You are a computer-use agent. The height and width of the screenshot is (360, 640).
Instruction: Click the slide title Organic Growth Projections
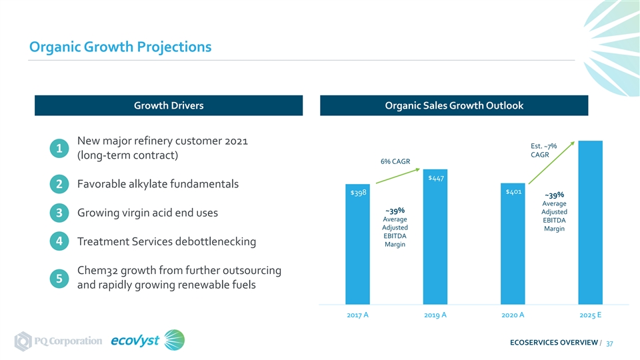coord(121,47)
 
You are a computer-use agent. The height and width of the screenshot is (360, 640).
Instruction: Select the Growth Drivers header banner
coord(169,105)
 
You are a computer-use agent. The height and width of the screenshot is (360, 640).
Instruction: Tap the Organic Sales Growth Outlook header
coord(454,105)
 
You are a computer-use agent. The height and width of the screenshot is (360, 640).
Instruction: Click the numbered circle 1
coord(59,148)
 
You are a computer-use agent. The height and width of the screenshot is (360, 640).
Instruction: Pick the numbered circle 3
coord(59,213)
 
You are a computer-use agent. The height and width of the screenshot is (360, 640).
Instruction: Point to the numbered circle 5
coord(59,279)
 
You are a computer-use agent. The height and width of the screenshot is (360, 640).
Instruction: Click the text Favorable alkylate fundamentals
coord(158,184)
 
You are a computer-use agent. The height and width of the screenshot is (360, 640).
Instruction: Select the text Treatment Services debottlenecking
coord(167,241)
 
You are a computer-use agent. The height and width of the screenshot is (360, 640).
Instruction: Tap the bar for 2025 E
coord(590,223)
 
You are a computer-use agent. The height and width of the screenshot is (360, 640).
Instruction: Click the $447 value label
coord(435,178)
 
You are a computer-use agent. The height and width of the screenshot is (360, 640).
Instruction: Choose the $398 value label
coord(358,193)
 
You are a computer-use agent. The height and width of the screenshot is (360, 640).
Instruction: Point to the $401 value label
coord(513,191)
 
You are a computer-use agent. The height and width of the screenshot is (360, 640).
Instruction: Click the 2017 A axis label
coord(357,315)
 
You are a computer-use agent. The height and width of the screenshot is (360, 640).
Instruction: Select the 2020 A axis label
coord(513,315)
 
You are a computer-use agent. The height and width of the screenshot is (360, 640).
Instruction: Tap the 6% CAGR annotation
coord(395,161)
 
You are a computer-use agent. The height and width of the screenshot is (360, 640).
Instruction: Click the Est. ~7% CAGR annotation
coord(543,150)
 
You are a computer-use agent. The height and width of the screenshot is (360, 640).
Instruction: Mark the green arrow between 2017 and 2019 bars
coord(398,176)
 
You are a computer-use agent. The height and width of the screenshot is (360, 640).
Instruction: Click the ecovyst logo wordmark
coord(135,341)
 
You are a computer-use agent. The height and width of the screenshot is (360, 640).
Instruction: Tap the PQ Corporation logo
coord(59,341)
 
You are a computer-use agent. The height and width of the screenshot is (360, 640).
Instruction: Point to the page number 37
coord(609,344)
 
